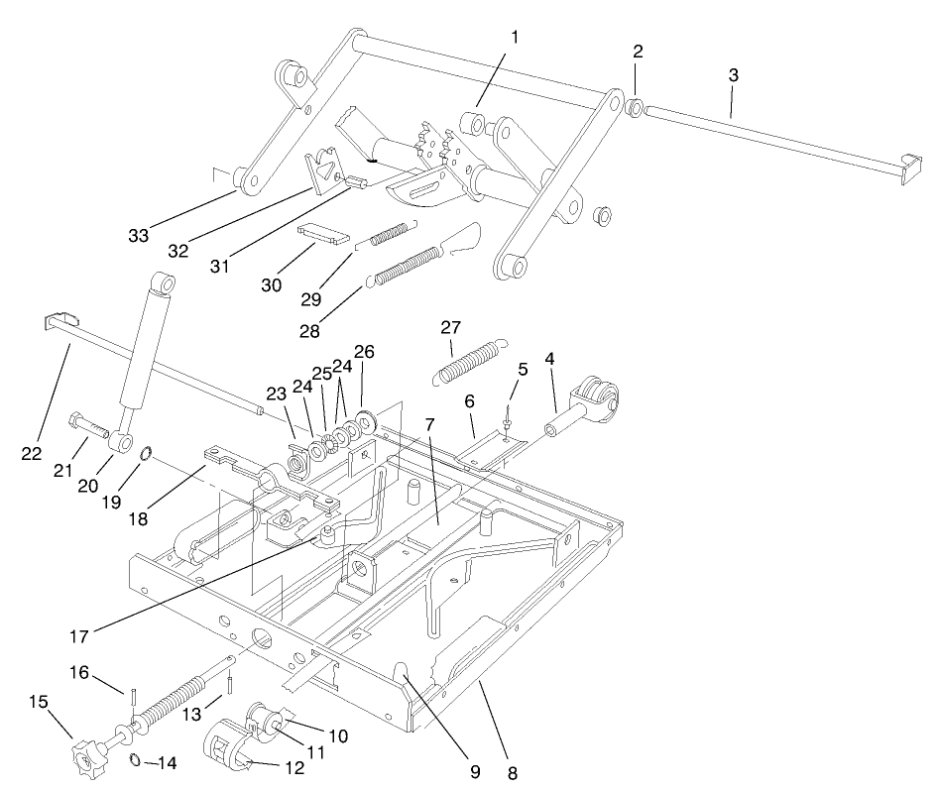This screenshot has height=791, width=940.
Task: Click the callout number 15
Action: pyautogui.click(x=39, y=701)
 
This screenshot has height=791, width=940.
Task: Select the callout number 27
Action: pyautogui.click(x=452, y=328)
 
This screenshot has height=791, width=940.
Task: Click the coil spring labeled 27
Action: pyautogui.click(x=467, y=360)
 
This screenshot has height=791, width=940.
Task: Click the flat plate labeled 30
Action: pyautogui.click(x=324, y=235)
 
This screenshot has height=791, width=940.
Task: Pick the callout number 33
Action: pyautogui.click(x=139, y=235)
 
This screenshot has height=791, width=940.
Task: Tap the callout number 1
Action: pyautogui.click(x=514, y=37)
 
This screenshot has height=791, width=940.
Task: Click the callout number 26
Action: pyautogui.click(x=365, y=353)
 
